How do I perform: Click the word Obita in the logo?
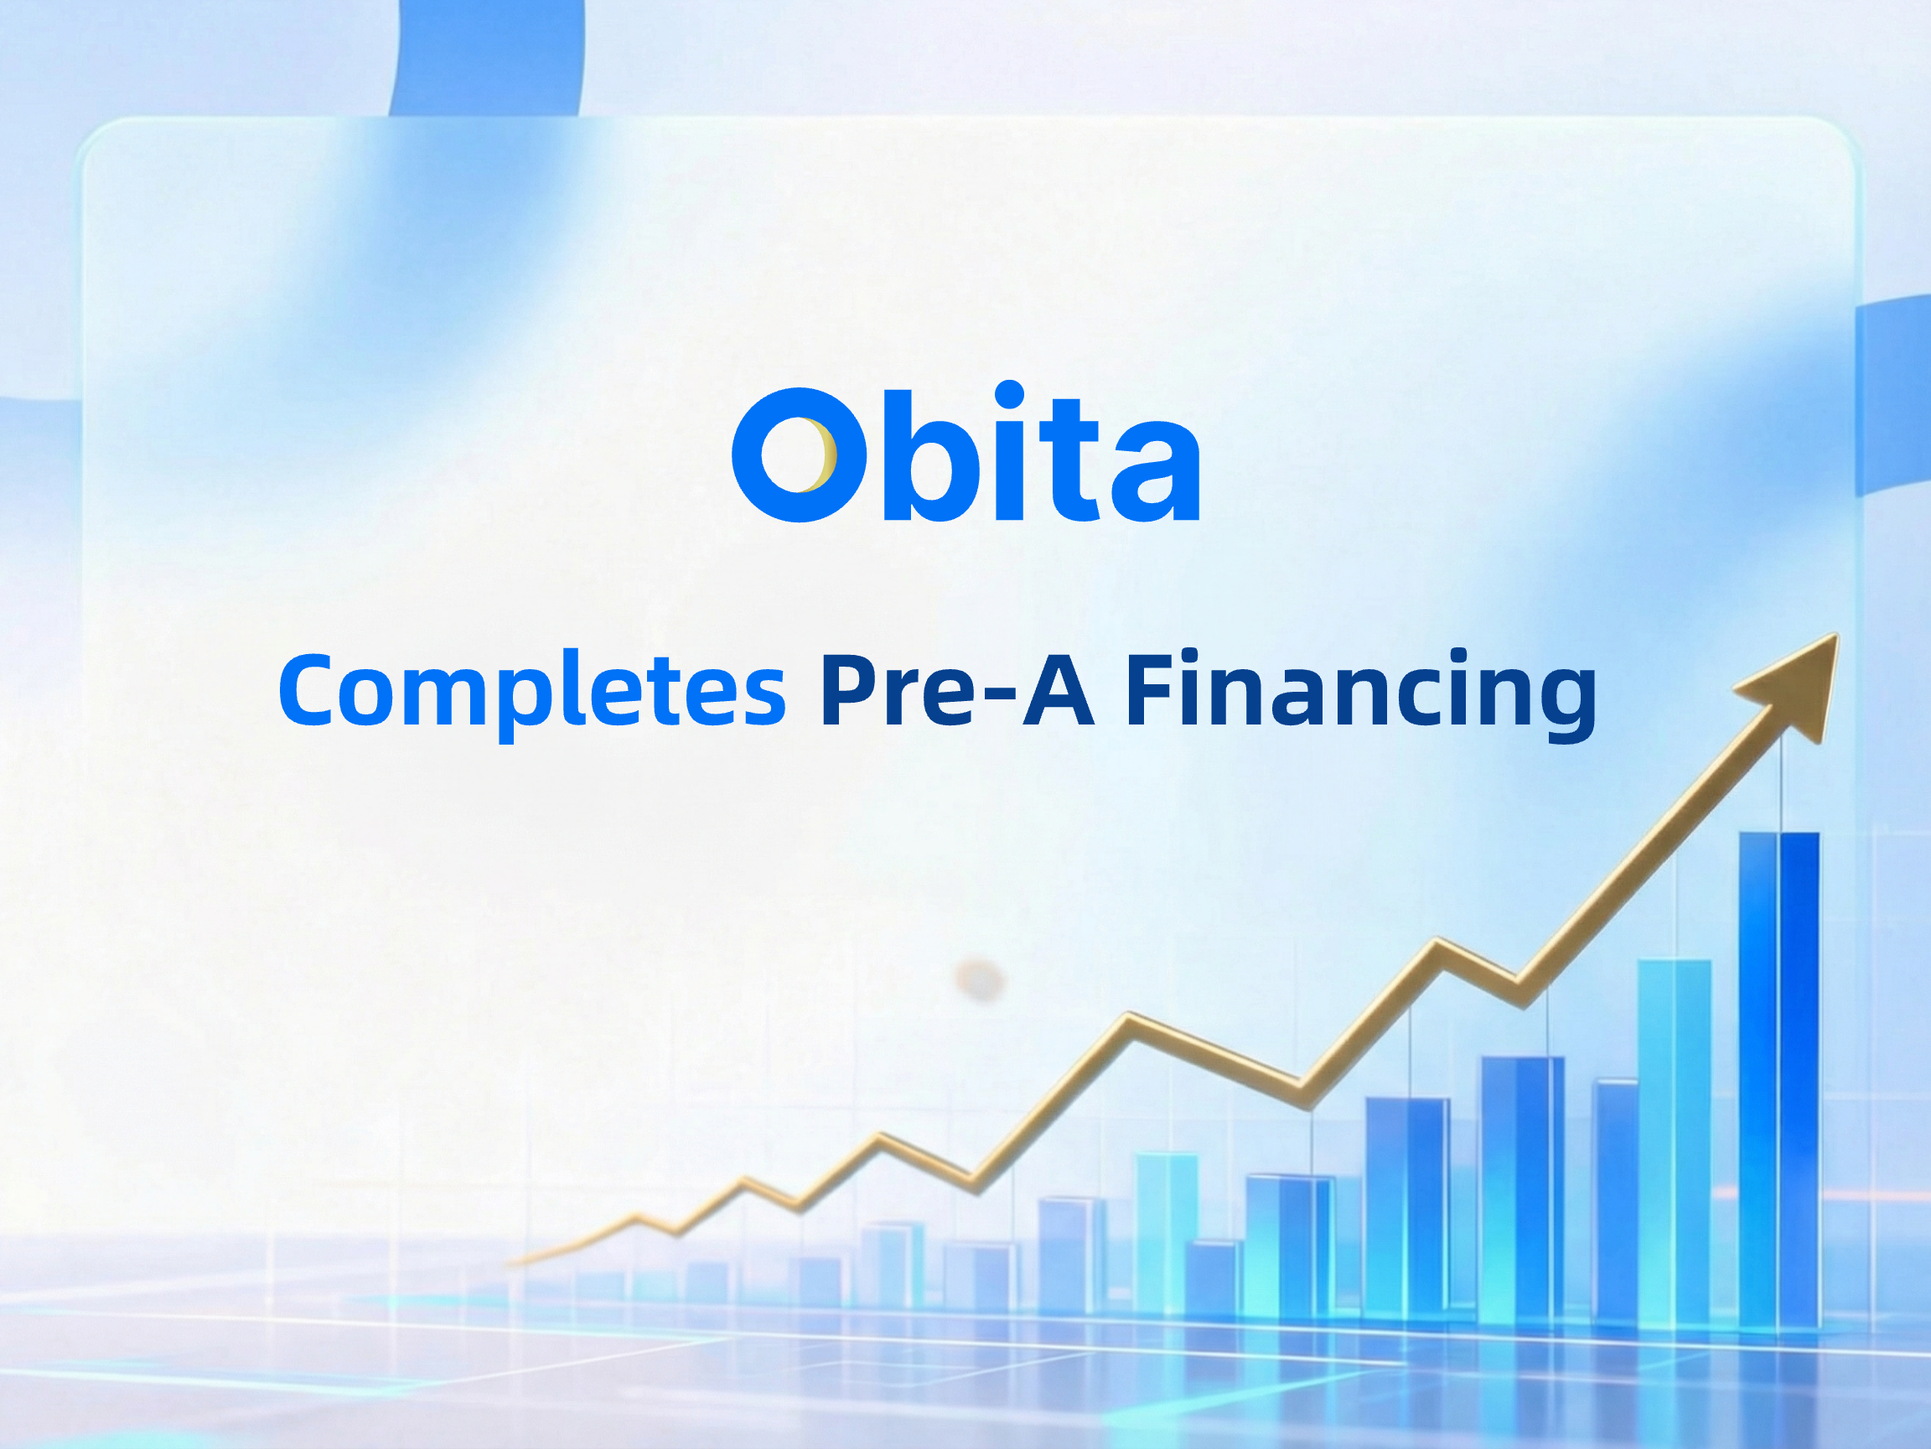(966, 453)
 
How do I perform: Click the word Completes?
(532, 692)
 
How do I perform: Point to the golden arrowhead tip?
(1839, 635)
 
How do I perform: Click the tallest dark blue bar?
(1779, 1080)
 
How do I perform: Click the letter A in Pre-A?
(1059, 689)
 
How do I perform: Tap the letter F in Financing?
(1152, 689)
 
